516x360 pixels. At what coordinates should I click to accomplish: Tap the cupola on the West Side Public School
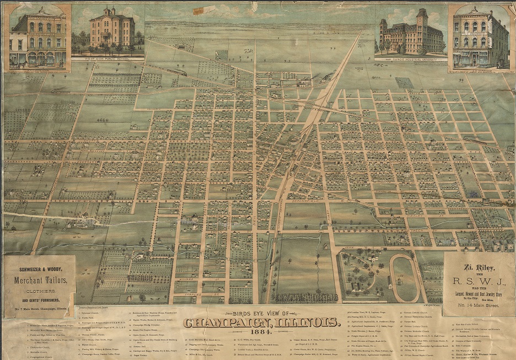[x=107, y=10]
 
